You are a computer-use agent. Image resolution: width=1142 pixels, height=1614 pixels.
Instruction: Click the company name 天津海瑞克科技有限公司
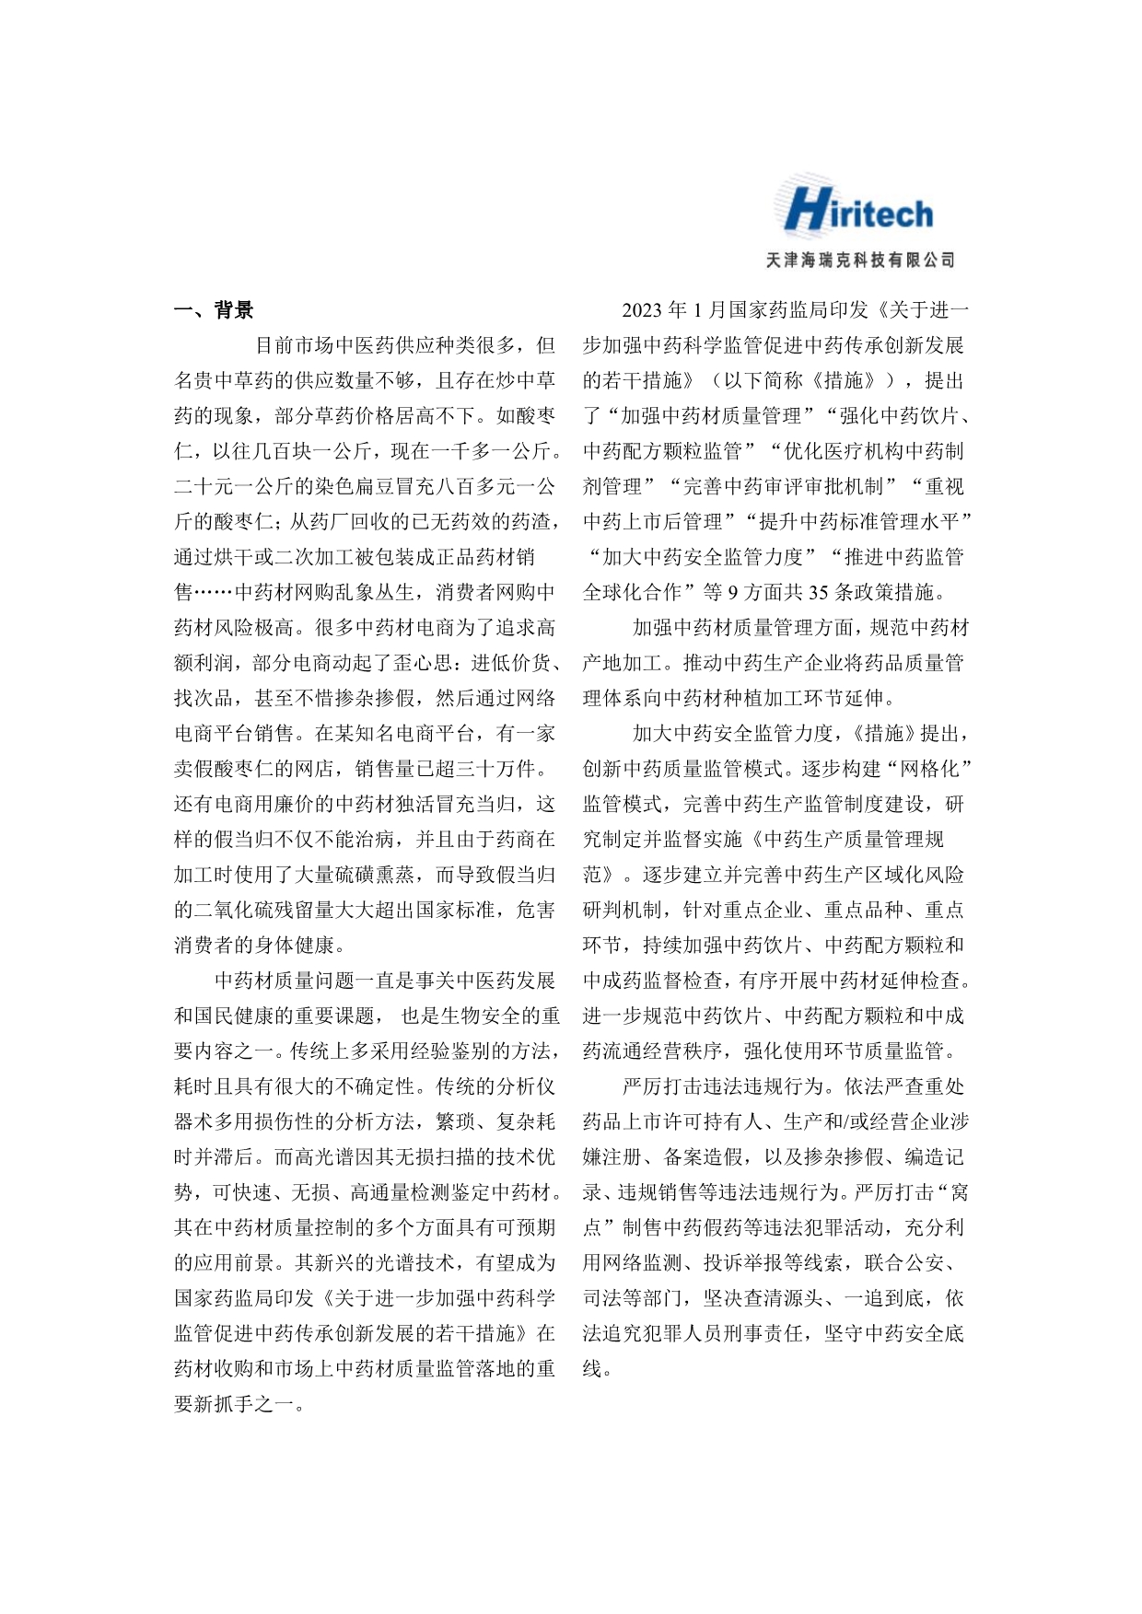tap(860, 261)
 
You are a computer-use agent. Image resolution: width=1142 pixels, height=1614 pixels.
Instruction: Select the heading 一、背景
tap(214, 310)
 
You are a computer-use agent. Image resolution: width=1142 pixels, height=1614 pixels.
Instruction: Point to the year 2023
tap(643, 310)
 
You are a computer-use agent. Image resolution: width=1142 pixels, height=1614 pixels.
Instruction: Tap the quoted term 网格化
tap(923, 769)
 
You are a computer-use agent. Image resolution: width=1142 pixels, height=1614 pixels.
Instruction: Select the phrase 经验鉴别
tap(420, 1051)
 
